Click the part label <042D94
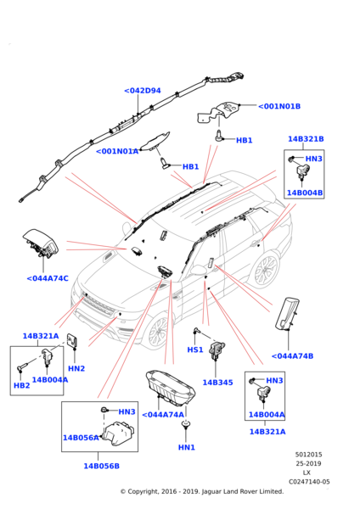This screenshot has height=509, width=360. point(142,90)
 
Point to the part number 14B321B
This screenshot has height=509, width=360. point(306,138)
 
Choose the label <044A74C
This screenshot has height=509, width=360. point(48,277)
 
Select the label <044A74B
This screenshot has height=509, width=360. point(293,355)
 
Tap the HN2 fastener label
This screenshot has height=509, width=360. point(76,368)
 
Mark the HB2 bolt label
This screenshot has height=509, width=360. point(21,386)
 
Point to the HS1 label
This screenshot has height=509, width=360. point(195,350)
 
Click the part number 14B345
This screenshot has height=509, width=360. point(217,383)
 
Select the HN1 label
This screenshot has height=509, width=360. point(187,447)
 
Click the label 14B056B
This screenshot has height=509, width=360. point(101,466)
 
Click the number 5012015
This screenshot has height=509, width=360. point(309,454)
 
